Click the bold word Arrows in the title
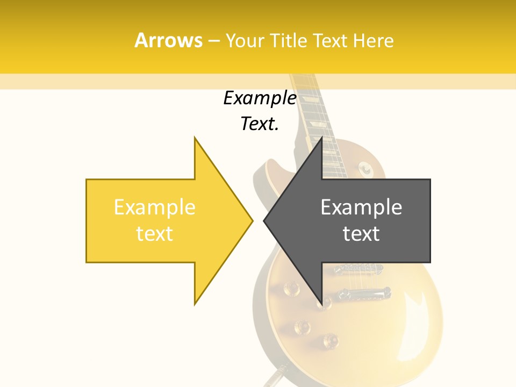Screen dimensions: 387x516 tap(168, 40)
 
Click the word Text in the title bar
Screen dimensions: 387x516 tap(329, 41)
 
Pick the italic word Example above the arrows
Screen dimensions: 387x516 tap(260, 98)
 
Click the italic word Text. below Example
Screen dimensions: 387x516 tap(260, 124)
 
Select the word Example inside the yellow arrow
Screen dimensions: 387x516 tap(154, 207)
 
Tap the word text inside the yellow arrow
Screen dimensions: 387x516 tap(154, 234)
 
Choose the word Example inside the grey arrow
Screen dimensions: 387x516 tap(361, 207)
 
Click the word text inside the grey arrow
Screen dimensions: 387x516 tap(361, 234)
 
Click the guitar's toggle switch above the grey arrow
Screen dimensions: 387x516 tap(367, 170)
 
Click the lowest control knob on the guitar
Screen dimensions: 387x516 tap(329, 340)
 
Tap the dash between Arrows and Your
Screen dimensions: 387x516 tap(213, 41)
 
